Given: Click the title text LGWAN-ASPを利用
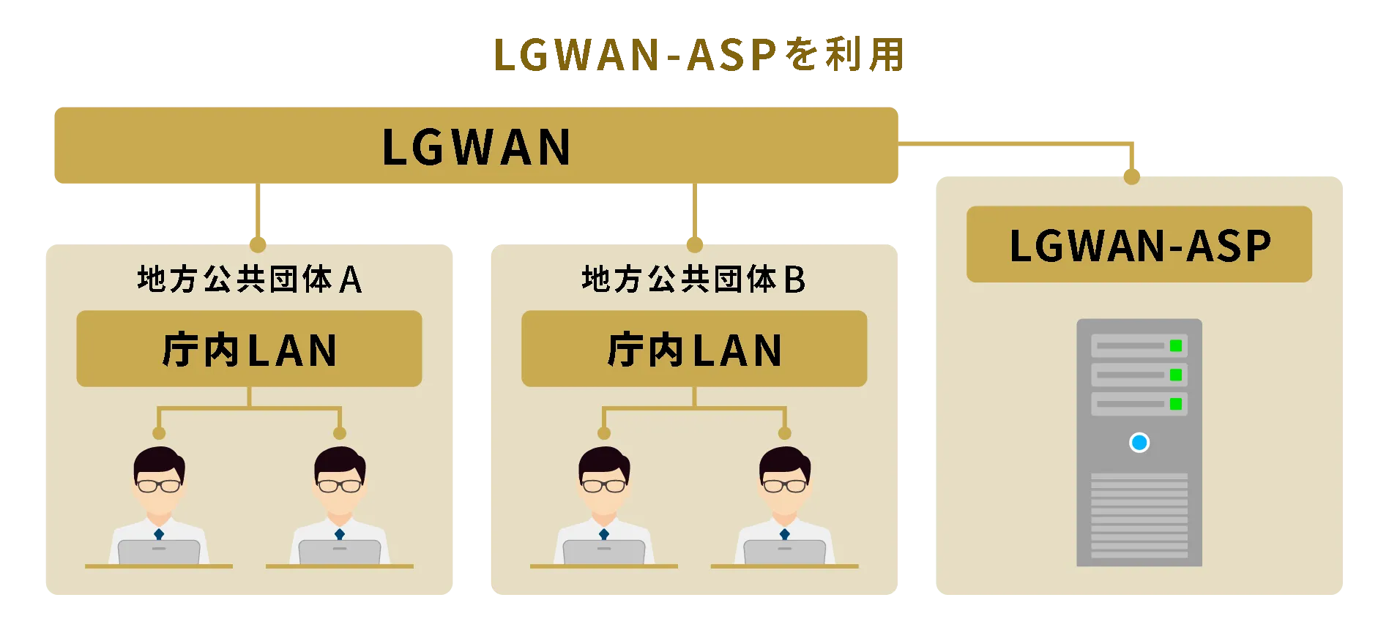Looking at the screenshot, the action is tap(699, 55).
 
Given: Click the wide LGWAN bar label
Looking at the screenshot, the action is tap(477, 147).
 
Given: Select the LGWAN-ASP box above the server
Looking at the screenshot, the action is tap(1139, 244).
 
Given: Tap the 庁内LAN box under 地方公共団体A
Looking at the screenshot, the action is tap(249, 349).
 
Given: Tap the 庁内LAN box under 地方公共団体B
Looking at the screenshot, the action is tap(694, 349).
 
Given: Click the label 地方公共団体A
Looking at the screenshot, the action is tap(250, 280).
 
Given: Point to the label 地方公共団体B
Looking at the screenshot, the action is tap(694, 280).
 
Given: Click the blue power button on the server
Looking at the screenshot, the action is tap(1139, 443).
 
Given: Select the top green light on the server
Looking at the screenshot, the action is tap(1176, 346).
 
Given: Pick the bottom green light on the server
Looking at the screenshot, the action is tap(1176, 404).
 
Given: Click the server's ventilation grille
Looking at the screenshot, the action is tap(1139, 516).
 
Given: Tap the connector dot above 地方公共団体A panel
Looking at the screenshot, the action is tap(258, 244).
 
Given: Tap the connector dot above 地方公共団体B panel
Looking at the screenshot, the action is tap(695, 244).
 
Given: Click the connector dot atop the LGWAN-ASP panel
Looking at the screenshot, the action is tap(1132, 176).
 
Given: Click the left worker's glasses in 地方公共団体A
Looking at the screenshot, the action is tap(159, 485).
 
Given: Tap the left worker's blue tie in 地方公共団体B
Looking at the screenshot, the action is tap(604, 535).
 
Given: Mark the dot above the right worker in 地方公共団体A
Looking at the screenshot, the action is tap(339, 433).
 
